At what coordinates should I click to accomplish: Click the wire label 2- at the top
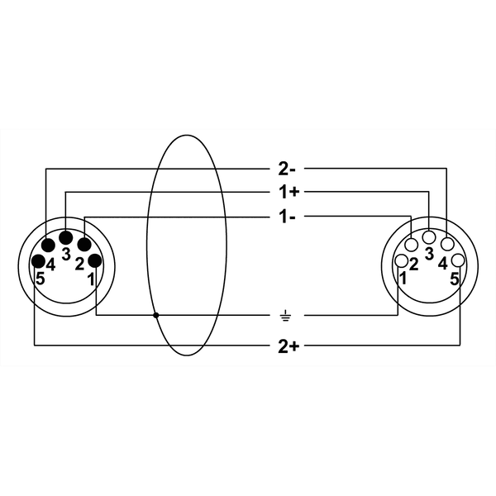pos(287,169)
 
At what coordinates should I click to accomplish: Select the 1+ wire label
pos(287,193)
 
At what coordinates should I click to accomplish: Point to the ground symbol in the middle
pos(285,316)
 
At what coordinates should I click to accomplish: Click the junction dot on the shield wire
pos(156,316)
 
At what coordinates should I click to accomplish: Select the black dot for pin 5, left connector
pos(39,261)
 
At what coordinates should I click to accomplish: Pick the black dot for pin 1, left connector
pos(95,261)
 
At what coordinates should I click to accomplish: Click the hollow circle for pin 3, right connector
pos(430,238)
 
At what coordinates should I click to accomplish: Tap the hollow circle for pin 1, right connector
pos(401,261)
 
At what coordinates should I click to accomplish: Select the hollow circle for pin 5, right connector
pos(458,261)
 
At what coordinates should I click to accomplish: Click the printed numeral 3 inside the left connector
pos(66,255)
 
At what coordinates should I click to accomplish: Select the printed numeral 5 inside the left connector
pos(40,279)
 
